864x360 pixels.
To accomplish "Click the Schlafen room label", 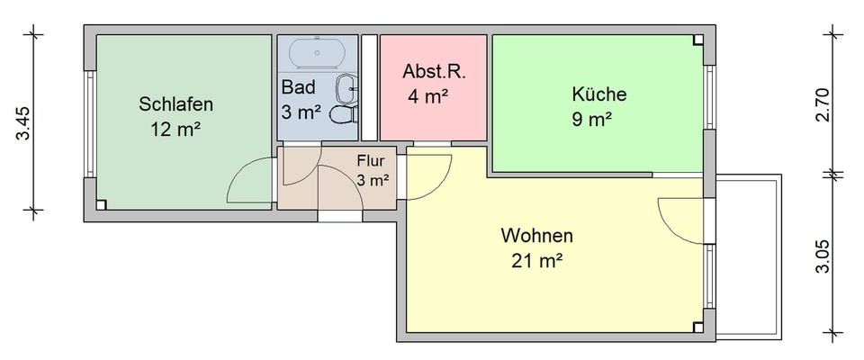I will (x=175, y=104).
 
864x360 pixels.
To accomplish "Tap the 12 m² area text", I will (x=175, y=129).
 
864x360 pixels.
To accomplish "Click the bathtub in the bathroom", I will (x=318, y=53).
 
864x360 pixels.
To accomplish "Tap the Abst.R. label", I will (x=434, y=72).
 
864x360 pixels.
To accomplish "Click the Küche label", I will (x=598, y=94).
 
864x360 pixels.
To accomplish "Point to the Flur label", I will (x=371, y=161).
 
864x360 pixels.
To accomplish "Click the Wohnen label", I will (x=537, y=237).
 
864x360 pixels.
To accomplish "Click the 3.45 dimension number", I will (x=24, y=123).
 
